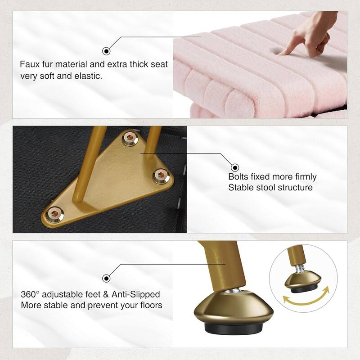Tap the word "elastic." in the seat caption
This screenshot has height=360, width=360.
click(x=89, y=76)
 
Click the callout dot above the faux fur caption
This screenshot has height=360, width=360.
click(x=107, y=50)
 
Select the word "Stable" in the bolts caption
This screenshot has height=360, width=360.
click(x=240, y=187)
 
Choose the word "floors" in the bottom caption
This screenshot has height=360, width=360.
click(x=150, y=306)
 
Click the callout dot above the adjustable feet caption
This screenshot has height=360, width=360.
click(x=107, y=278)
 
